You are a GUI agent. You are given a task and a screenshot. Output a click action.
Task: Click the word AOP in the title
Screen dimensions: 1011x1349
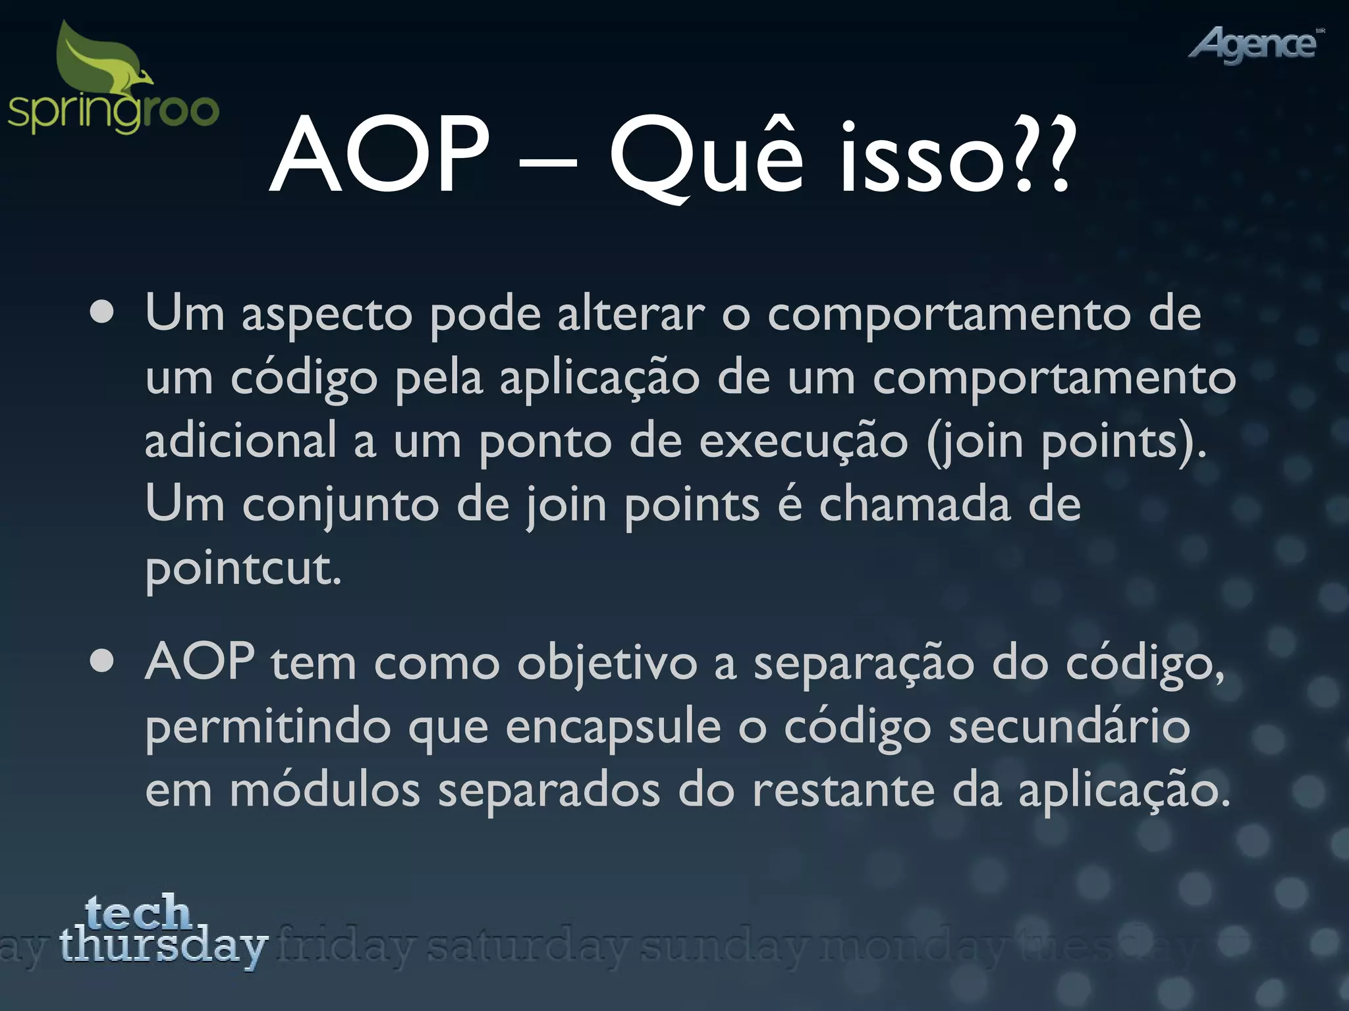tap(380, 157)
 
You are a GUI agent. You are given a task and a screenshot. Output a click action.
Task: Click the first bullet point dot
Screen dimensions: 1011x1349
tap(103, 313)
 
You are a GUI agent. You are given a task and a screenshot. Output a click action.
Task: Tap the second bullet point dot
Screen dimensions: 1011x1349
tap(103, 662)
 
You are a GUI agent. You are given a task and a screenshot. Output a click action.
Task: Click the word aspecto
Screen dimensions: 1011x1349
tap(327, 315)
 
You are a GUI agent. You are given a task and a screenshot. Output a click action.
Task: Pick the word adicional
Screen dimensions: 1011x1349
tap(240, 440)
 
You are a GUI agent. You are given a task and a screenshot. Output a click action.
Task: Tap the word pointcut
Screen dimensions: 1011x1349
tap(242, 568)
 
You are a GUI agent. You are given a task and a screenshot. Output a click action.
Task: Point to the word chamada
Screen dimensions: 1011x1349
tap(914, 505)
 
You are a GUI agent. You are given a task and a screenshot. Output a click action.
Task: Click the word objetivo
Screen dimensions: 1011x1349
tap(607, 663)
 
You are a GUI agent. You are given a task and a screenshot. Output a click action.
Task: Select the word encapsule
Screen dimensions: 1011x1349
tap(613, 728)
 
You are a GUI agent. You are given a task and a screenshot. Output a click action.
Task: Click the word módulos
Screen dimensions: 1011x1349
tap(325, 789)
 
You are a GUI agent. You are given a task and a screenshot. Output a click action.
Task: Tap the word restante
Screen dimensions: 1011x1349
tap(843, 791)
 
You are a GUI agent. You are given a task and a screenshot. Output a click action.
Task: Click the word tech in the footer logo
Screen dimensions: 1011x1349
tap(138, 912)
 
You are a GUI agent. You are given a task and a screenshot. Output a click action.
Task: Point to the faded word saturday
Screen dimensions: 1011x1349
tap(527, 947)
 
